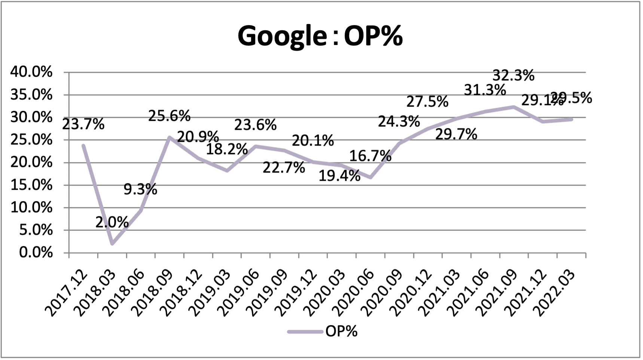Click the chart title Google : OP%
coord(320,36)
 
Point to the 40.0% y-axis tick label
coord(31,72)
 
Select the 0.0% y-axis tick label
coord(36,253)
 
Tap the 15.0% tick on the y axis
coord(31,185)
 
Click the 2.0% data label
coord(112,222)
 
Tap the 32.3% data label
coord(513,76)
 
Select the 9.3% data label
coord(140,189)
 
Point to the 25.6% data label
coord(169,116)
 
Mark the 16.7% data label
coord(370,156)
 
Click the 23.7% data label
coord(83,124)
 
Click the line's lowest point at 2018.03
coord(112,244)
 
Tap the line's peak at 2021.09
coord(514,107)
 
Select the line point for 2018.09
coord(169,137)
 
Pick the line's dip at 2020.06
coord(370,177)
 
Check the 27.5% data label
coord(427,101)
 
